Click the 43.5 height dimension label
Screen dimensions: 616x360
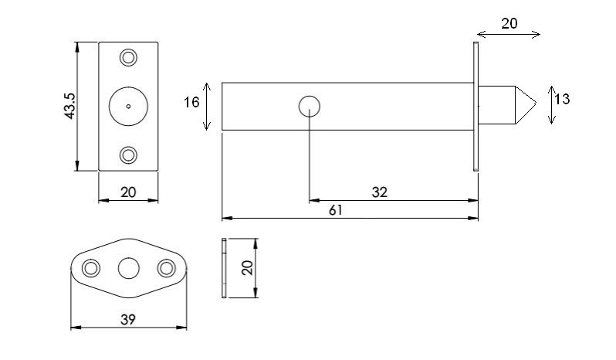(x=69, y=106)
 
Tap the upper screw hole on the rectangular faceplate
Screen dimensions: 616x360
(x=128, y=57)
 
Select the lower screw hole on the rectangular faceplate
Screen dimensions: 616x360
(x=128, y=155)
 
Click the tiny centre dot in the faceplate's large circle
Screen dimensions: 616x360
(x=128, y=106)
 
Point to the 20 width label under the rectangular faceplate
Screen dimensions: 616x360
(x=128, y=192)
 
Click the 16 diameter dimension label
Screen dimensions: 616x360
(x=191, y=102)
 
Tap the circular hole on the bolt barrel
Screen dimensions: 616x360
(x=310, y=106)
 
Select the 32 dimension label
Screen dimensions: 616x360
(x=380, y=192)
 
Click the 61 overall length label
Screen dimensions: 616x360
(x=336, y=210)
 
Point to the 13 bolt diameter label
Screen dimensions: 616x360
(x=562, y=99)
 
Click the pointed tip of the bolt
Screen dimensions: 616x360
(x=536, y=104)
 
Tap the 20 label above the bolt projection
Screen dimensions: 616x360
(x=509, y=24)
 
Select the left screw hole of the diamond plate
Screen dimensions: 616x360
(x=91, y=268)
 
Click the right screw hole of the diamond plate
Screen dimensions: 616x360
(x=166, y=268)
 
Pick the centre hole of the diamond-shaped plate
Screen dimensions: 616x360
(x=128, y=268)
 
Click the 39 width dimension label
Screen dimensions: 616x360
(x=128, y=320)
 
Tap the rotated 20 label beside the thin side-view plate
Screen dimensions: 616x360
(x=247, y=268)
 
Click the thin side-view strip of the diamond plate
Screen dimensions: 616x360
(x=224, y=267)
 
